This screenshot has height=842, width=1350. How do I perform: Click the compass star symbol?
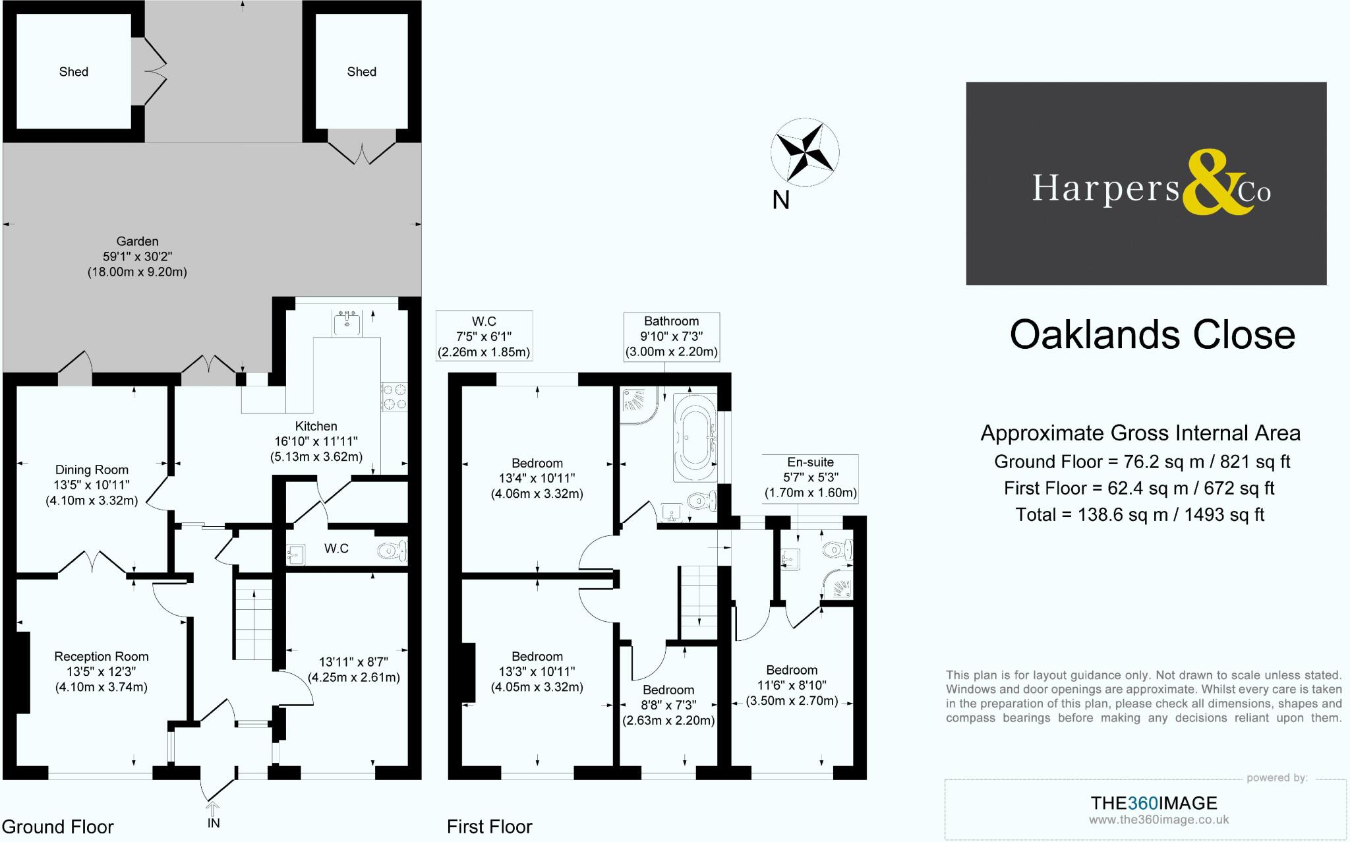coord(804,152)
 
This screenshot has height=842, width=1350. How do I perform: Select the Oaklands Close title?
coord(1152,335)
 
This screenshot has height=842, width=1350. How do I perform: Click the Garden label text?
coord(137,241)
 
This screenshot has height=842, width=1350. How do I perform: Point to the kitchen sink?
coord(347,323)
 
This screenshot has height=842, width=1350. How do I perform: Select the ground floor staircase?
coord(254,619)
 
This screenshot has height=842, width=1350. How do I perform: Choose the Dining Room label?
coord(92,469)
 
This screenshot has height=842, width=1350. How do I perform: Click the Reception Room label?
coord(102,656)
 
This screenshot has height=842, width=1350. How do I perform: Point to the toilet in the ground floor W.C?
coord(393,550)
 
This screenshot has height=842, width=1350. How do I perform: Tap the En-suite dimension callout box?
coord(810,477)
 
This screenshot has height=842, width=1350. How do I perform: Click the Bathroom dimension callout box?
coord(671,336)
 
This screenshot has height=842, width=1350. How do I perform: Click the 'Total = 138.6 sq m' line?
coord(1140,514)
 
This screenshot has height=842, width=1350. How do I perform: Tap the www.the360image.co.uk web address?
coord(1158,820)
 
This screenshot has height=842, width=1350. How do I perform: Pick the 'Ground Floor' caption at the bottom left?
coord(58,826)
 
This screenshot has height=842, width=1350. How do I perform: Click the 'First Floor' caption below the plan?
coord(489,826)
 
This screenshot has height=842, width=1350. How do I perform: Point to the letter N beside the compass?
coord(780,199)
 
